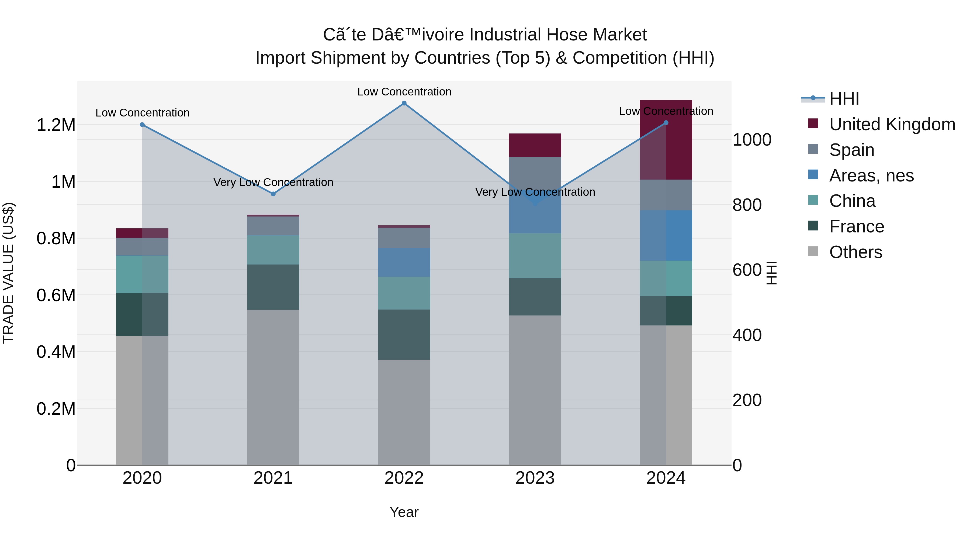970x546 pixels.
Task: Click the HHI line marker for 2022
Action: click(x=404, y=103)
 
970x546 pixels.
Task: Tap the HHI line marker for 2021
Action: click(x=273, y=194)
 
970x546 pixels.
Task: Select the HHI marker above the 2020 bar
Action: click(x=142, y=125)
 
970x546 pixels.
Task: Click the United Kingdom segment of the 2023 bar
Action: click(x=535, y=145)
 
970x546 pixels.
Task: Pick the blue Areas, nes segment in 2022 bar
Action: click(x=404, y=262)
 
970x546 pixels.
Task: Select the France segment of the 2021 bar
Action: click(x=273, y=287)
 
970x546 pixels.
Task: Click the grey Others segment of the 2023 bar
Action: click(x=535, y=390)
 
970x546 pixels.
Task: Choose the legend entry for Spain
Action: click(x=851, y=150)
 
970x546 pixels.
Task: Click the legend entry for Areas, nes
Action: click(x=871, y=176)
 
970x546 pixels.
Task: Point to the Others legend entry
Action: click(x=855, y=252)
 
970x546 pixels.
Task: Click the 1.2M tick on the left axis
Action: click(x=56, y=125)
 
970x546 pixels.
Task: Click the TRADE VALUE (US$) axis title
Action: click(x=8, y=273)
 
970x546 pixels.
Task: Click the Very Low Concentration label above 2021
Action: click(x=273, y=182)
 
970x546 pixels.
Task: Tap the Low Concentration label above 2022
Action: click(x=404, y=92)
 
